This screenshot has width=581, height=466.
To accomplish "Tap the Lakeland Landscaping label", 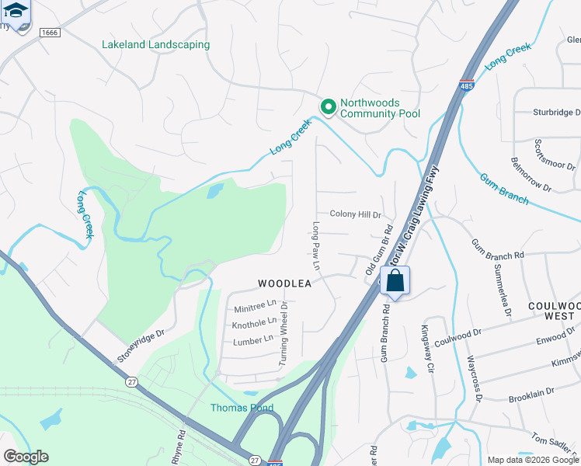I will [155, 44].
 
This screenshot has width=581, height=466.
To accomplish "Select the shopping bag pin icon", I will [395, 282].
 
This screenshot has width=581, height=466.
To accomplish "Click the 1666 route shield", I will [50, 33].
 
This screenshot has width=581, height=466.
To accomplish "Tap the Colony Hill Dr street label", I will [355, 215].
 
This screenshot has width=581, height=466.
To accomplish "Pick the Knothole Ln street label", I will [254, 322].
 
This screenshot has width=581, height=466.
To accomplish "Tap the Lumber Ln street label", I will [253, 339].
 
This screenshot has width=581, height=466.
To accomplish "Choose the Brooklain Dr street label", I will [531, 393].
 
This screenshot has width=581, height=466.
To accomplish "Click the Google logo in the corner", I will [26, 456].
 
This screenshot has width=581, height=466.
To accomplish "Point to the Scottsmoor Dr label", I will [555, 156].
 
